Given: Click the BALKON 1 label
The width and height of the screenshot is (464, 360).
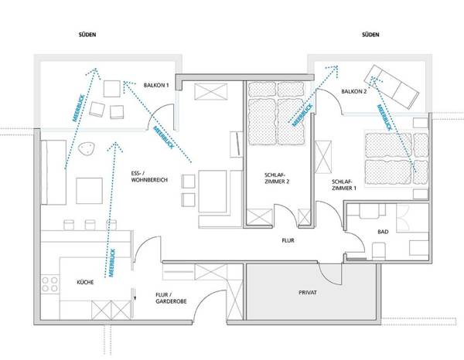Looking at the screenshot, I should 157,84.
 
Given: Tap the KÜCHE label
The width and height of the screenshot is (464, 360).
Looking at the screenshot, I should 85,283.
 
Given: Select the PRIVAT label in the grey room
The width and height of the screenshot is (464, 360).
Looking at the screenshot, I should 309,294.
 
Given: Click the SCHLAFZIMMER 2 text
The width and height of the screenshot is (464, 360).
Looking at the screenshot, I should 275,179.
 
